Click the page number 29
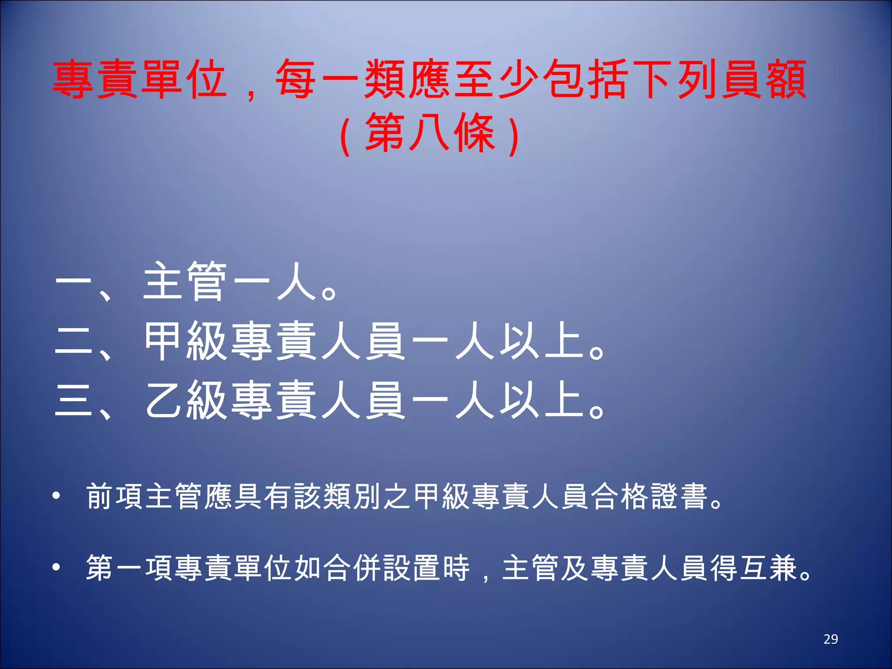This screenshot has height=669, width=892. click(831, 639)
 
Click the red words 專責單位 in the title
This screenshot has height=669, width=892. click(139, 80)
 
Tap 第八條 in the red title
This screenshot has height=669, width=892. click(430, 133)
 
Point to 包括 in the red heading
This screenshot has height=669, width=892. click(586, 80)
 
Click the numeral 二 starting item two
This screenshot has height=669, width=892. click(74, 341)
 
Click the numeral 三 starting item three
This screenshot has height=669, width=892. click(74, 401)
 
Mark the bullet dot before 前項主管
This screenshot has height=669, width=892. click(56, 496)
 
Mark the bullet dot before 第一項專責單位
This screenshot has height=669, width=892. click(56, 567)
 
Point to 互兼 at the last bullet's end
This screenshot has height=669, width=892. click(769, 568)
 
